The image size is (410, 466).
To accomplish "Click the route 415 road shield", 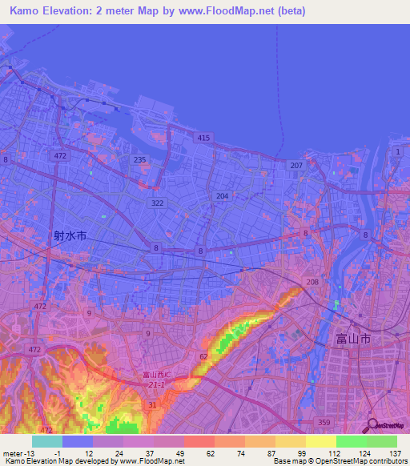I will pos(203,139).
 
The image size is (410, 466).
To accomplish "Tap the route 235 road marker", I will pos(140,160).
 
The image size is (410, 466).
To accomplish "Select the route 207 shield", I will pos(296,165).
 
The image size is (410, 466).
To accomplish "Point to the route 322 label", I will pos(157,203).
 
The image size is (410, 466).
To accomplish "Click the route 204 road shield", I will pos(222,195).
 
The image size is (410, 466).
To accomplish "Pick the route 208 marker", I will pos(312,283).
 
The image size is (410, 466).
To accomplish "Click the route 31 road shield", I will pos(152,404).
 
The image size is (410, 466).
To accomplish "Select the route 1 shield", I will pos(396,151).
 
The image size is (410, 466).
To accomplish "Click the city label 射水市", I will pos(70,236).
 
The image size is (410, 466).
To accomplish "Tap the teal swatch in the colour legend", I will pos(47,441).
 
